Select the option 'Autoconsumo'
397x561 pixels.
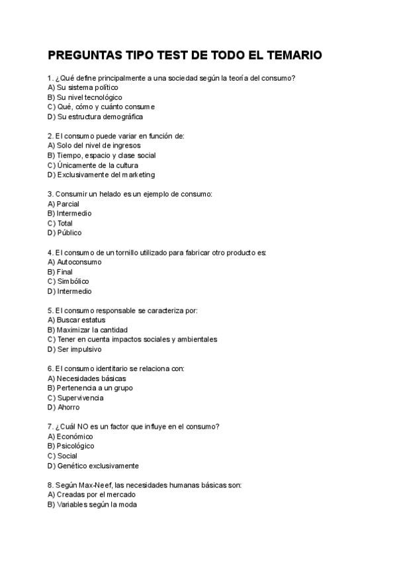(x=79, y=262)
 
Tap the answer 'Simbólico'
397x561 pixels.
(x=73, y=281)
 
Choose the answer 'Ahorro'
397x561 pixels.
(x=68, y=408)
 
